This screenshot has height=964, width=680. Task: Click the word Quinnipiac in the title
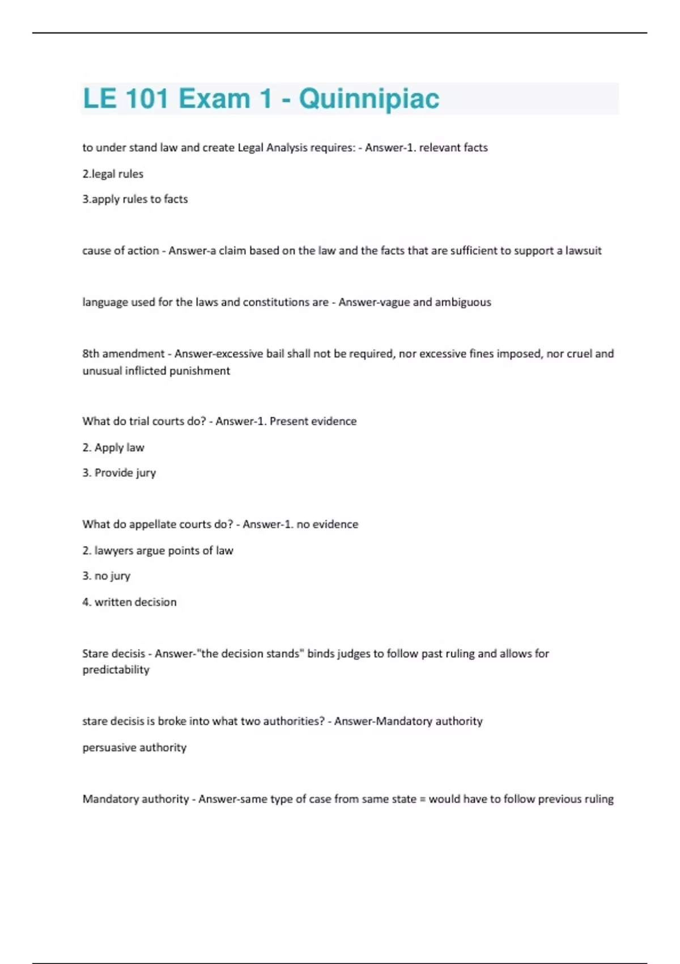coord(369,99)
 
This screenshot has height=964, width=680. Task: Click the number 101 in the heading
coord(146,99)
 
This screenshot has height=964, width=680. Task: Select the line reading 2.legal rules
coord(113,174)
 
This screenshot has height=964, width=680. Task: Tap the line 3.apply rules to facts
coord(135,199)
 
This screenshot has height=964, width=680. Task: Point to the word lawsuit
coord(583,251)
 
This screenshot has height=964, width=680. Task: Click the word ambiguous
coord(463,302)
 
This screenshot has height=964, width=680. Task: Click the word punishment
coord(201,371)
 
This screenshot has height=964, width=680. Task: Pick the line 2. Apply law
coord(113,447)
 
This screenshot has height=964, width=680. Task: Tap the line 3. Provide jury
coord(119,473)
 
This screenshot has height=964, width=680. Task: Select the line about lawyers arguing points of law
coord(158,551)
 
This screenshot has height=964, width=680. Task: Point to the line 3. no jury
coord(107,576)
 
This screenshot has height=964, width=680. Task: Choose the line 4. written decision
coord(129,602)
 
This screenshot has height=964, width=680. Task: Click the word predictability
coord(116,670)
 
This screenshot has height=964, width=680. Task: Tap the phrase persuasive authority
coord(134,747)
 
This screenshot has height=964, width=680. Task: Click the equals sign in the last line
coord(422,800)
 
